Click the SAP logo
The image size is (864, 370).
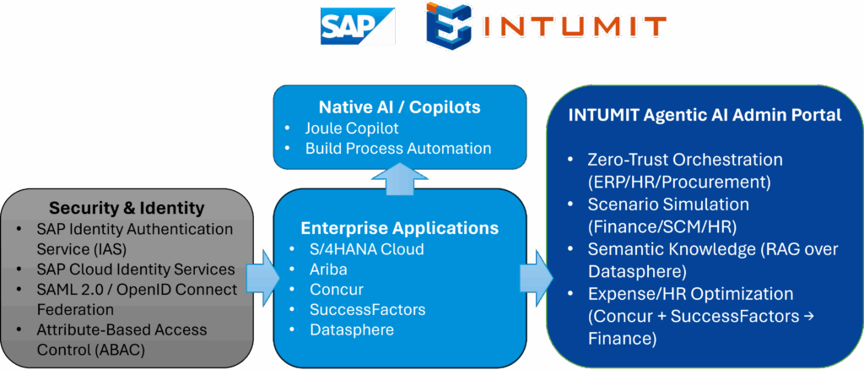coord(357,26)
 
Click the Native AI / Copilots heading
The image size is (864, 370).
coord(399,107)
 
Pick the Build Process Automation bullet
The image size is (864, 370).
coord(398,148)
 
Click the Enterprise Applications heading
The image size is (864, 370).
coord(399,228)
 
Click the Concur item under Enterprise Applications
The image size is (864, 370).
coord(335,290)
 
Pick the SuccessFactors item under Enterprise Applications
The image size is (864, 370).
coord(365,309)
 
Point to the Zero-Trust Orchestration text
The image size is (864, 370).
coord(685,159)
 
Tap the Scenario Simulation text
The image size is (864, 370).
coord(668,204)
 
